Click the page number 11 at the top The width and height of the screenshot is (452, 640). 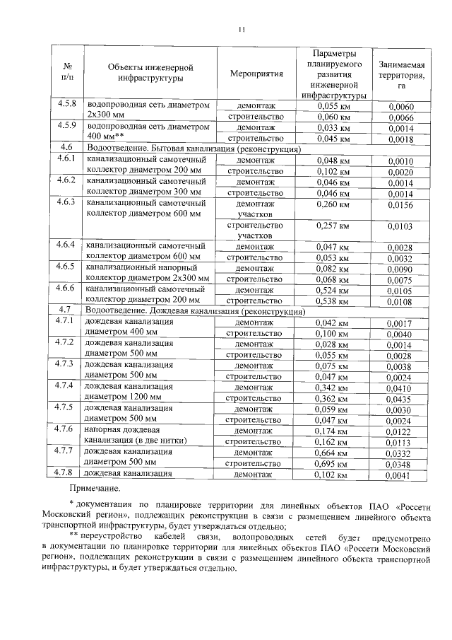[x=240, y=29]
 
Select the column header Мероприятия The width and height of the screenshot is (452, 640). [x=256, y=72]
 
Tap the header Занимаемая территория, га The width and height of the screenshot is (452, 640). [x=400, y=72]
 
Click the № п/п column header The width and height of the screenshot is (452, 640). [x=69, y=72]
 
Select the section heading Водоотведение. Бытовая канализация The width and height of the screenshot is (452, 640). [x=192, y=149]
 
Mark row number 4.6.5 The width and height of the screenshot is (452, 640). [x=67, y=267]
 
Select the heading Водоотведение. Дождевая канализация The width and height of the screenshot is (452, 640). [x=194, y=311]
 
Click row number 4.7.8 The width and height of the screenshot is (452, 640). [x=67, y=472]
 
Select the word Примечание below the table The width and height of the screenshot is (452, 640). [x=95, y=488]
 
